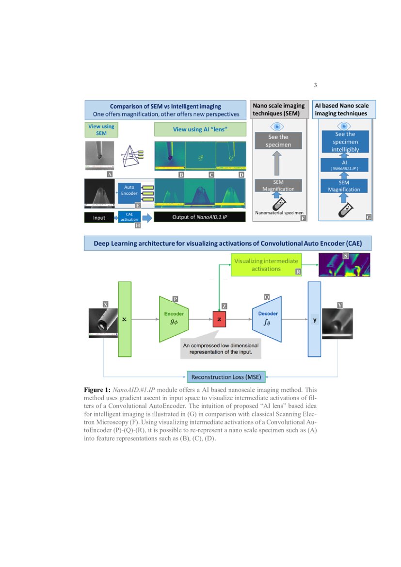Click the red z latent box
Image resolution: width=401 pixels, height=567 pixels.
tap(220, 320)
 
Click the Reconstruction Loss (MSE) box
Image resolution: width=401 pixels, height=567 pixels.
tap(226, 377)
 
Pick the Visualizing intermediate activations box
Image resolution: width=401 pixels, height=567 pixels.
tap(267, 264)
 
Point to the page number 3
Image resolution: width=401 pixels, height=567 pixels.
tap(315, 86)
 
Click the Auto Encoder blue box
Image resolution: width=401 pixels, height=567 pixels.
tap(129, 192)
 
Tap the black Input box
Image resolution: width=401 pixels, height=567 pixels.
tap(99, 217)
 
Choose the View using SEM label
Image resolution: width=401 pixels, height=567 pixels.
tap(101, 130)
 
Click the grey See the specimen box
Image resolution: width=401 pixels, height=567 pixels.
tap(278, 140)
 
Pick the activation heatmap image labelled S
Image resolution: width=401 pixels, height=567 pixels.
tap(344, 265)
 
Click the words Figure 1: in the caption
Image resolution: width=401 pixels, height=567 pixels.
tap(97, 390)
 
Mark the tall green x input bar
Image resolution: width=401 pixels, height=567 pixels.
tap(125, 320)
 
